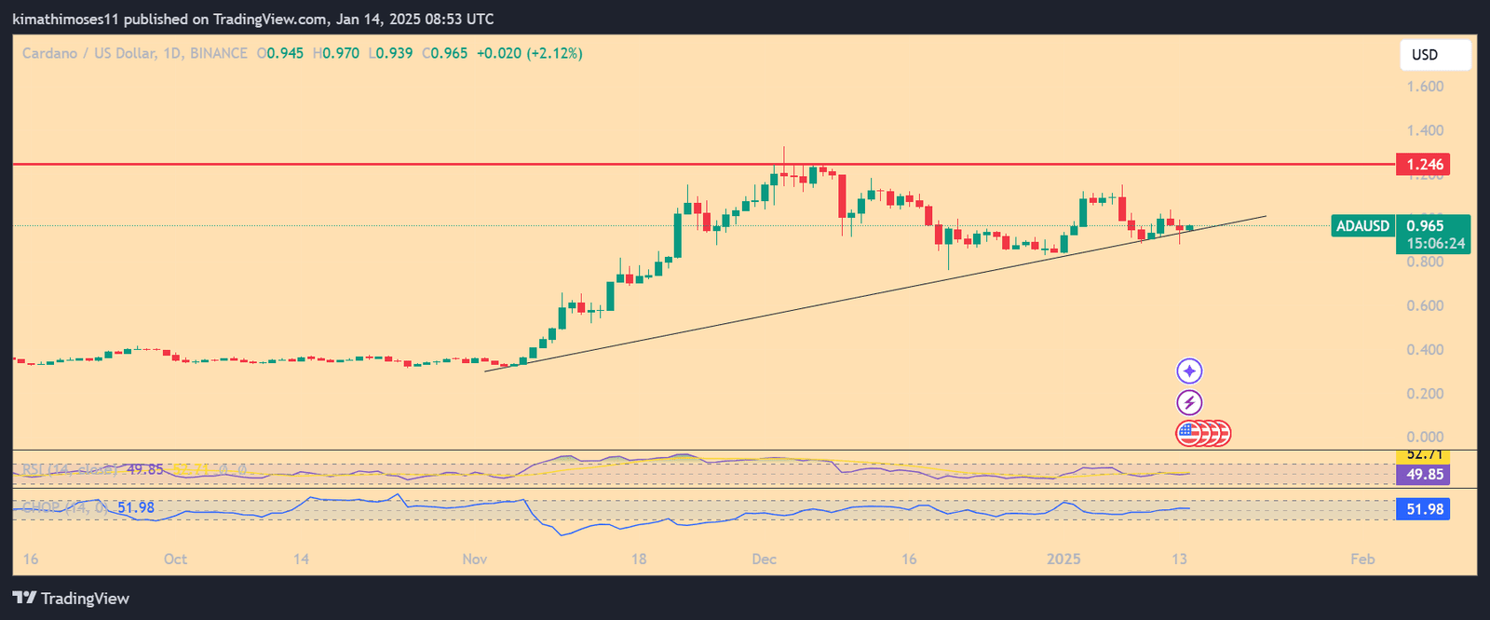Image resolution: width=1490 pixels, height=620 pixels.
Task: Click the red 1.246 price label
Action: [1423, 165]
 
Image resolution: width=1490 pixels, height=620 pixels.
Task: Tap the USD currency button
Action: [1434, 55]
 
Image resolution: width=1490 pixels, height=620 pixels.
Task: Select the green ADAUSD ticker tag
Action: [1362, 226]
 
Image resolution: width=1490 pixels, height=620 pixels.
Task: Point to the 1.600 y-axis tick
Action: [1425, 87]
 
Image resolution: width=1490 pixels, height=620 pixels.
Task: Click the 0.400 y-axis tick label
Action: [1425, 350]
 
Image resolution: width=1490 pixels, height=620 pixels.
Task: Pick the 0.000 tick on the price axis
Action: [1425, 437]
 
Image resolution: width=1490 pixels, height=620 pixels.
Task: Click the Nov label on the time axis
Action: [475, 559]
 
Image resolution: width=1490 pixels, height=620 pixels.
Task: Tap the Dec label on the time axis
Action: [764, 559]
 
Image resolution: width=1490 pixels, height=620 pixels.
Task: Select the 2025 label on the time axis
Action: [1063, 559]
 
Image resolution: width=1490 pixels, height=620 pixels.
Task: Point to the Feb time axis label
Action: [1362, 559]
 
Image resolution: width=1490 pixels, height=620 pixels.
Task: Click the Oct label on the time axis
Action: [175, 559]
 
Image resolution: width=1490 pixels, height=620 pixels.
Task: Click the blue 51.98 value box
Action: [1423, 509]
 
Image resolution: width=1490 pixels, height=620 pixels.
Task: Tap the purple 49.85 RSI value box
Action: [1423, 475]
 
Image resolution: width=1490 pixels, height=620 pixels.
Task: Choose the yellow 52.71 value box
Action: [1423, 455]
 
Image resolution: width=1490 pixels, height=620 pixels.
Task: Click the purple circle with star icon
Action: [1189, 371]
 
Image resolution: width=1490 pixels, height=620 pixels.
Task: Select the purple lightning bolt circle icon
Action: [1189, 402]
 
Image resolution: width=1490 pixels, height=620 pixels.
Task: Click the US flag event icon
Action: [1189, 433]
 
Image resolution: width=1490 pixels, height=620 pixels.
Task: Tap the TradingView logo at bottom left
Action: [71, 599]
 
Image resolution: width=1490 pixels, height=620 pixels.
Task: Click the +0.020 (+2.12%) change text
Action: [529, 54]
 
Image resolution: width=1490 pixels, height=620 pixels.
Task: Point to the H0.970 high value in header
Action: [336, 54]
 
